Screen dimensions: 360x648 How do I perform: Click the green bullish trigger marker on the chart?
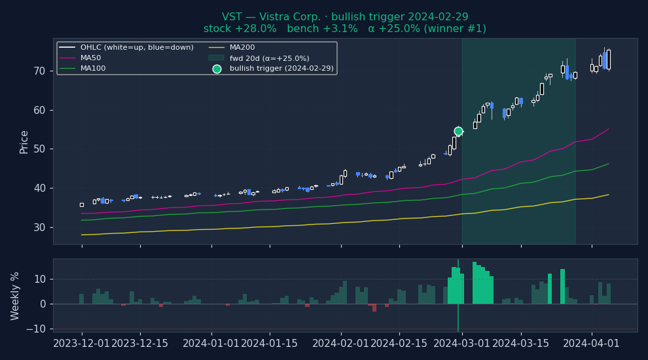(x=458, y=131)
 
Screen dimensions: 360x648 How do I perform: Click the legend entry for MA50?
(x=90, y=58)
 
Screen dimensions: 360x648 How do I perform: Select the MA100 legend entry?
(x=93, y=68)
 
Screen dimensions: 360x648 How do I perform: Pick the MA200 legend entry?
(x=242, y=48)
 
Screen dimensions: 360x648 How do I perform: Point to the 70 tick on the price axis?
(x=40, y=71)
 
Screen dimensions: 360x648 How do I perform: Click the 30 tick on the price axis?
(x=40, y=227)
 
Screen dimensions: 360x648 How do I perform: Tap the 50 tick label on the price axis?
(x=40, y=149)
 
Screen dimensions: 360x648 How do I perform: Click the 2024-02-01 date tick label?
(x=341, y=343)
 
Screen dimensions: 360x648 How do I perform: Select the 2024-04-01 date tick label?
(x=592, y=343)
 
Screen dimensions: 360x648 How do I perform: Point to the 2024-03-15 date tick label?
(x=521, y=343)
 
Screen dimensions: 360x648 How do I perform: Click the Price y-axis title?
(x=24, y=141)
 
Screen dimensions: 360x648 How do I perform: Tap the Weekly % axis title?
(x=16, y=296)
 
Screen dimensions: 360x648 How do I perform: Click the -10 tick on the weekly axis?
(x=37, y=329)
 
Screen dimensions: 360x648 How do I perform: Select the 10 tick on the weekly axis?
(x=40, y=279)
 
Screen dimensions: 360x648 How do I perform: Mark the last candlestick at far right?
(x=608, y=60)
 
